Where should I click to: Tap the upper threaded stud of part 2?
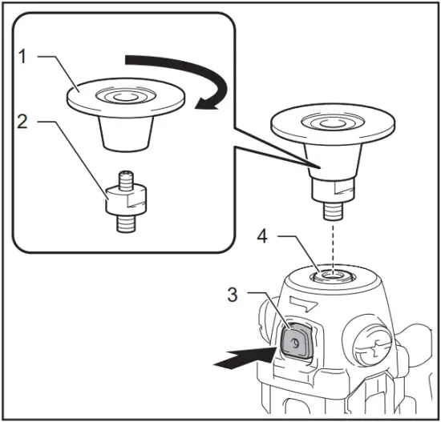click(127, 179)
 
